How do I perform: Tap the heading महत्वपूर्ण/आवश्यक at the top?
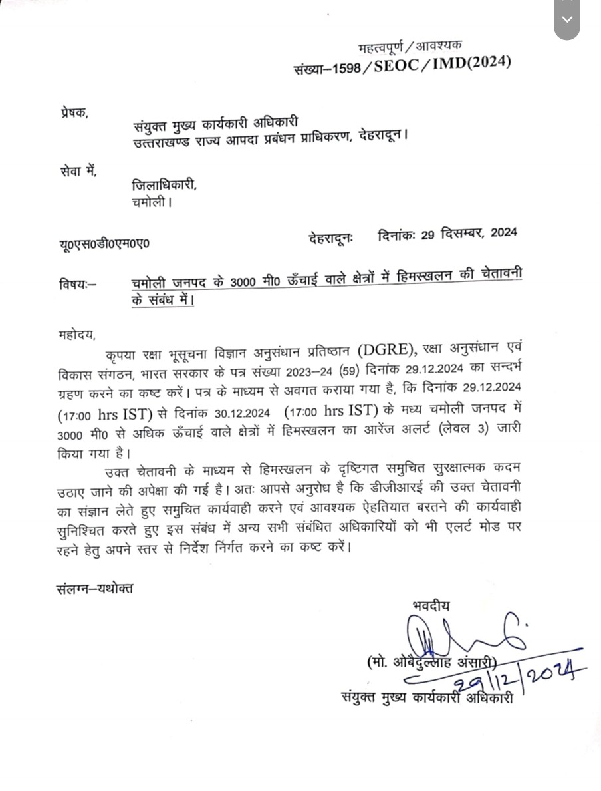(410, 47)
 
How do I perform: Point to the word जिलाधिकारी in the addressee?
(164, 186)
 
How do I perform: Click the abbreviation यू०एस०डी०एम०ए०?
(104, 243)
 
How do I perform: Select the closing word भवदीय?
(431, 605)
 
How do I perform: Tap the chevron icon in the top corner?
(566, 19)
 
